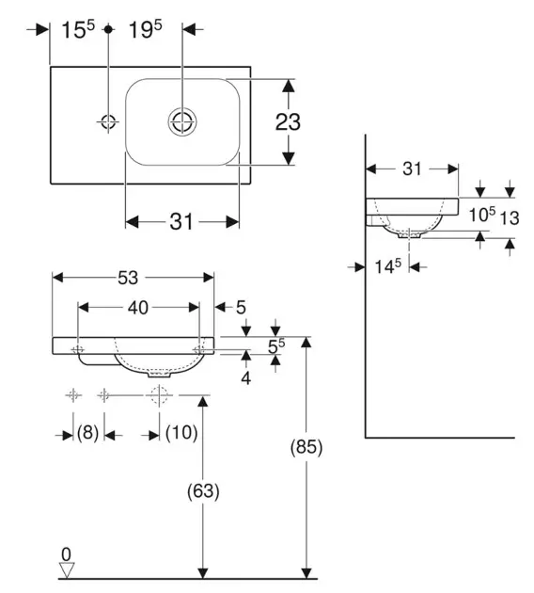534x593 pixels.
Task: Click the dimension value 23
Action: [288, 122]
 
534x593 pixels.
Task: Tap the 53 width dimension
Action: [128, 278]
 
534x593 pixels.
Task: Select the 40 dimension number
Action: [138, 308]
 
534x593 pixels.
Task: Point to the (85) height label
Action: [306, 447]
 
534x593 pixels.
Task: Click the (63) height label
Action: [203, 491]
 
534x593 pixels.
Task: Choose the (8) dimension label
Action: [88, 432]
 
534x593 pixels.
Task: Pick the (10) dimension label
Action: [181, 432]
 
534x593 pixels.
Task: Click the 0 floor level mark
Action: [66, 554]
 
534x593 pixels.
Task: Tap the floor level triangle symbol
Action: [67, 570]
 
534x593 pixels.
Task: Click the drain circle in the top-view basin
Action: [182, 121]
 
